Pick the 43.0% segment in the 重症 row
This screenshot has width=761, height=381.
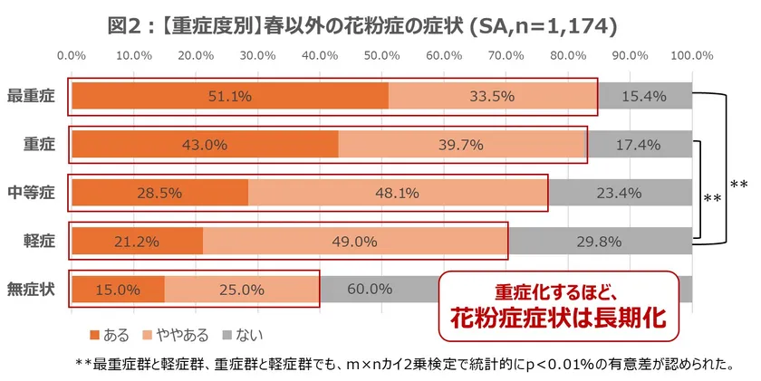click(x=204, y=145)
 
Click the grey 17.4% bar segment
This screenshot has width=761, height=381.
click(x=639, y=145)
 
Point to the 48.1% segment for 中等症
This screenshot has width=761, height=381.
click(x=398, y=193)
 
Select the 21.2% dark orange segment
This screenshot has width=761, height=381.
click(x=137, y=242)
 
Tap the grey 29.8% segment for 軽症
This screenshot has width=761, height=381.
click(x=600, y=242)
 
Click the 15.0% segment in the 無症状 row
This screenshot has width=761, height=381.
click(x=118, y=290)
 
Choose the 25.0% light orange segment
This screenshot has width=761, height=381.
click(x=242, y=290)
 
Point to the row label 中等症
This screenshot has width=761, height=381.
click(x=31, y=193)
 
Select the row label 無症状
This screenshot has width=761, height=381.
click(x=31, y=290)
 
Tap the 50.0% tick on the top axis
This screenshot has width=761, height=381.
click(x=381, y=56)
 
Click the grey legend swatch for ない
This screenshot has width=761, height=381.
click(x=226, y=336)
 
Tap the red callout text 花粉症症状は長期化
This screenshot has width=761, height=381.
click(x=558, y=318)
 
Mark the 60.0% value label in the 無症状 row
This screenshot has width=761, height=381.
click(x=370, y=290)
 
